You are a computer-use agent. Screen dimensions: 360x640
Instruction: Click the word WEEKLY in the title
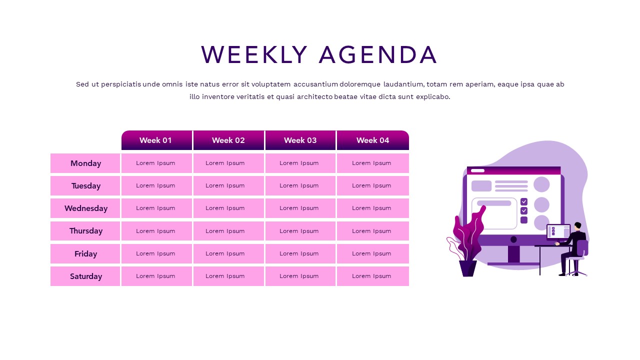254,55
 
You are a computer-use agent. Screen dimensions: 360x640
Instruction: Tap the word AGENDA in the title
378,55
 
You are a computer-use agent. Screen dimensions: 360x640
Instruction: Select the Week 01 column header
156,140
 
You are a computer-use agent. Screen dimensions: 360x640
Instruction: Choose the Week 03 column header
300,140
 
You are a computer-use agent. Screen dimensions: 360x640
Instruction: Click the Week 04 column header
372,140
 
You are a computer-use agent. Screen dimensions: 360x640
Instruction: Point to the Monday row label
85,163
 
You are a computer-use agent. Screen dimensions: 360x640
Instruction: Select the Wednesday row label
85,208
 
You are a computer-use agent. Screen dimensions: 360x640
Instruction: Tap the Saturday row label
85,276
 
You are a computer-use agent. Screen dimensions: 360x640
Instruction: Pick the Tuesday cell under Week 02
228,185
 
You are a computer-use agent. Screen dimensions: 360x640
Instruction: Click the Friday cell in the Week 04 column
372,253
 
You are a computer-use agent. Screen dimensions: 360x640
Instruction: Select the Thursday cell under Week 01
156,231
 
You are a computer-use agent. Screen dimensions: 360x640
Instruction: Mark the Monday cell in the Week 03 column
300,163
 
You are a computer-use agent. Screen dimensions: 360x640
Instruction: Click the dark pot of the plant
467,268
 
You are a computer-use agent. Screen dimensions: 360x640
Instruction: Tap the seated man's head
578,226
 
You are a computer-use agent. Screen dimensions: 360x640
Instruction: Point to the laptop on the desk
558,232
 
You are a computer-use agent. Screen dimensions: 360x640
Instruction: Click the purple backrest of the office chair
582,248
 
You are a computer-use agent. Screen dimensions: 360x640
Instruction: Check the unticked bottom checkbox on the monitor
524,220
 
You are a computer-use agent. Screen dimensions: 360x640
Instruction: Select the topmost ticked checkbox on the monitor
524,201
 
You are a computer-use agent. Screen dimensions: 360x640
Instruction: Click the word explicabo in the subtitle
432,97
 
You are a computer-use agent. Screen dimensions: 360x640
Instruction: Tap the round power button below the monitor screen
513,239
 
